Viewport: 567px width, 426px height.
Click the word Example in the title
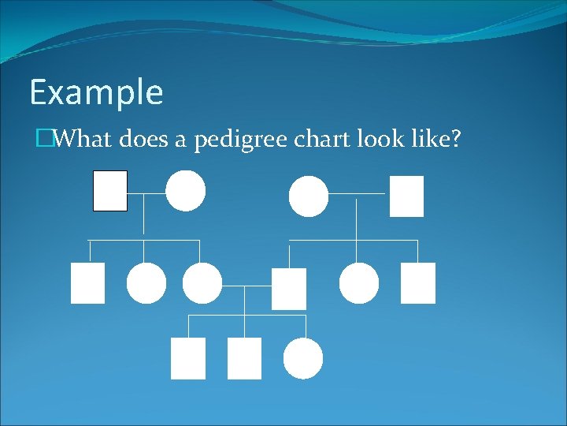96,93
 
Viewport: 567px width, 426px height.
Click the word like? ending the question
440,140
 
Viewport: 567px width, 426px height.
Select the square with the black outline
110,191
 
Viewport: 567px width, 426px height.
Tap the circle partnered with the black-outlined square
186,191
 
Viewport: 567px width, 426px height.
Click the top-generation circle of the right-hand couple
309,196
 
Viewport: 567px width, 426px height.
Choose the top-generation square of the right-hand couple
406,196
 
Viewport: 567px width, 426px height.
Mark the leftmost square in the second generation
87,283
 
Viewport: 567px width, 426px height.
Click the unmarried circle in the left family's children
146,283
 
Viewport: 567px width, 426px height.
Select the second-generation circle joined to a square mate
202,283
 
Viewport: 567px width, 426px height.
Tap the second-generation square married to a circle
289,289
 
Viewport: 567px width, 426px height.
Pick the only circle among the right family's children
359,283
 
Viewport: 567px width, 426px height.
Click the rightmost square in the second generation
418,283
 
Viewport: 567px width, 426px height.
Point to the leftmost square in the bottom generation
188,359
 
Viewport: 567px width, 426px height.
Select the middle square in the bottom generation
244,359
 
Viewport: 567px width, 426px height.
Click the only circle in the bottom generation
303,359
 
